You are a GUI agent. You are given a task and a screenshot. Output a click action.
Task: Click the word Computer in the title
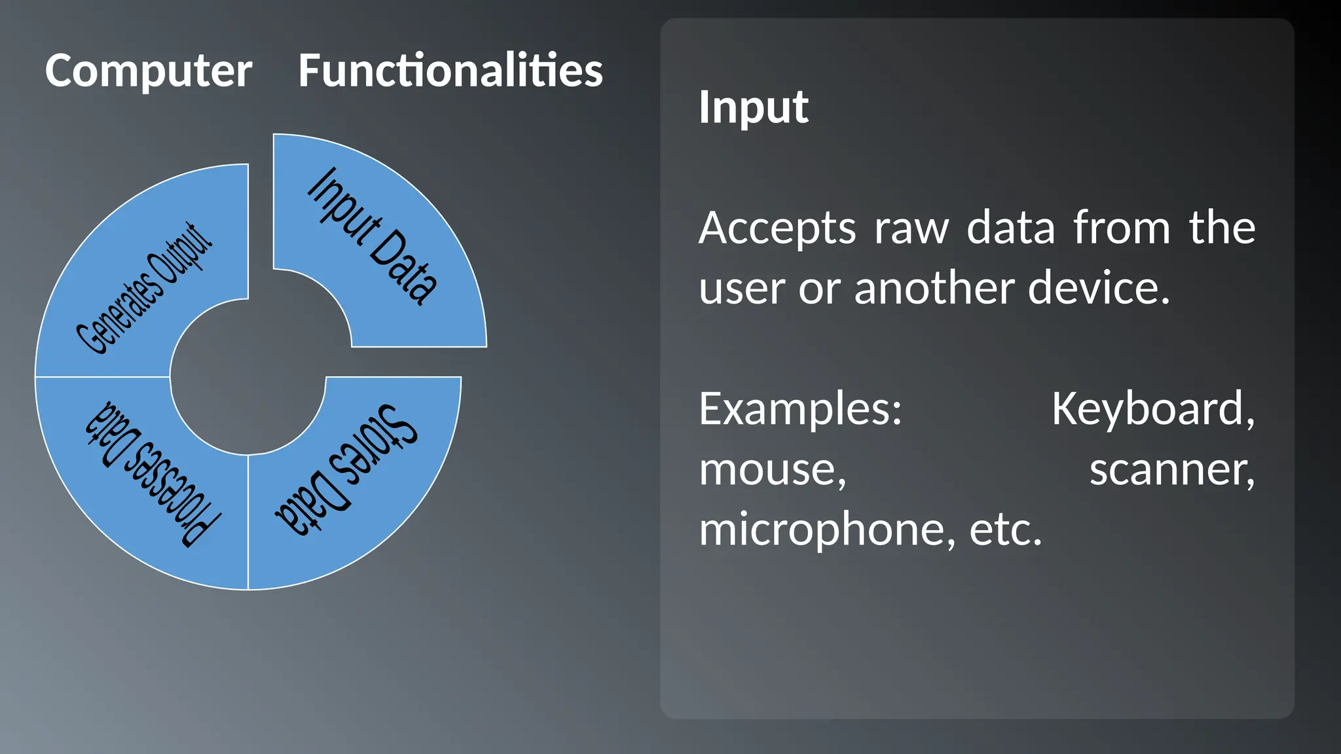(x=149, y=71)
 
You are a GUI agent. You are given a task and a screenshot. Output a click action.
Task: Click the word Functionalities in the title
(x=450, y=71)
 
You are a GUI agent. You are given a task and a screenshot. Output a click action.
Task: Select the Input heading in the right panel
(x=753, y=107)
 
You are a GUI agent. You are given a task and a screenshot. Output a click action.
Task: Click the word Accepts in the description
(x=777, y=228)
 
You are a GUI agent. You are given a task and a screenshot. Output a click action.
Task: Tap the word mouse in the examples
(x=772, y=471)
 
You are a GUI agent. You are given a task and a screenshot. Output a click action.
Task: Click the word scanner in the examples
(x=1171, y=471)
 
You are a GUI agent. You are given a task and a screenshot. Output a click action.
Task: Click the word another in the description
(x=932, y=289)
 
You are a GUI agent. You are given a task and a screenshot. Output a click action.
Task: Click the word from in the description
(x=1121, y=228)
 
